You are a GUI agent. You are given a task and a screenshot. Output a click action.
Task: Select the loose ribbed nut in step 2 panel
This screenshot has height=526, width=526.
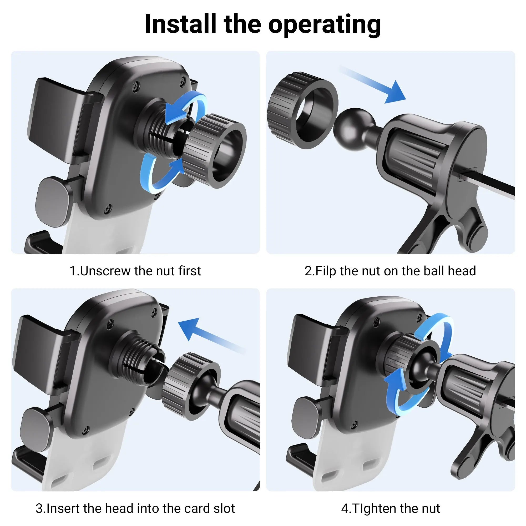tap(303, 110)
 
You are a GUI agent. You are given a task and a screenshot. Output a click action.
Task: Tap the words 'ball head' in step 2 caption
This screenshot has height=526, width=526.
tap(449, 271)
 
